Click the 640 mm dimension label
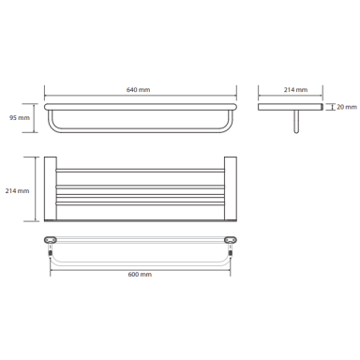138,90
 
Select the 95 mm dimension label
20,118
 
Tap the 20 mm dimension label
347,107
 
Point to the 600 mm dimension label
140,275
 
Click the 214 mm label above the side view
295,90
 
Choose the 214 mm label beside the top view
17,190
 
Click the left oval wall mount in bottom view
51,240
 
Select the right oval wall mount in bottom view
231,240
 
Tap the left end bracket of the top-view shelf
51,188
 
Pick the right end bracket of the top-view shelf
231,188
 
